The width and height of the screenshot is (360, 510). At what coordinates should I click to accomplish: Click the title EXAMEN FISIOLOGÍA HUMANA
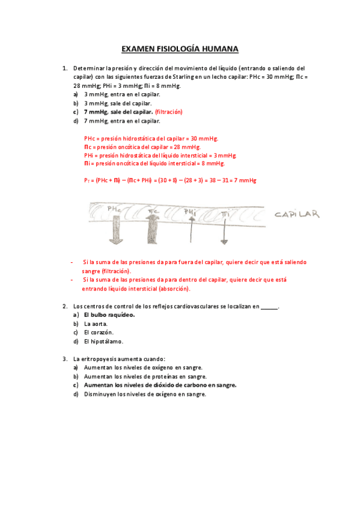pyautogui.click(x=180, y=48)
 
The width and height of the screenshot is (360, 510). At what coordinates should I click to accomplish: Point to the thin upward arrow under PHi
pyautogui.click(x=191, y=230)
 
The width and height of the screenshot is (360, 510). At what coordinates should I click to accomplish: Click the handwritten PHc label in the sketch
pyautogui.click(x=114, y=209)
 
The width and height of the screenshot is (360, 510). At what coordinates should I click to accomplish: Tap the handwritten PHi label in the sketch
pyautogui.click(x=191, y=211)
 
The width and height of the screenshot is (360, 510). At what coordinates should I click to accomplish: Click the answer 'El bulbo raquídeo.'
pyautogui.click(x=109, y=315)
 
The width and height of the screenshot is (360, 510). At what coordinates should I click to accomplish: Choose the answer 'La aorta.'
pyautogui.click(x=96, y=324)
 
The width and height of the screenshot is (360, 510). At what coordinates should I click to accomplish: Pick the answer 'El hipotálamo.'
pyautogui.click(x=103, y=342)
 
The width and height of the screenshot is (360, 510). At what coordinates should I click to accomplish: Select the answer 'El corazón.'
pyautogui.click(x=99, y=333)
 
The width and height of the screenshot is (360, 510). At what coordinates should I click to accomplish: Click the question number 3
pyautogui.click(x=64, y=359)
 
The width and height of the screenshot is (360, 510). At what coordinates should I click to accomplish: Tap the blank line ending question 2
pyautogui.click(x=269, y=307)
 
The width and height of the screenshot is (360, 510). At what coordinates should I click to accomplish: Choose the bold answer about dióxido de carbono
pyautogui.click(x=160, y=386)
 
